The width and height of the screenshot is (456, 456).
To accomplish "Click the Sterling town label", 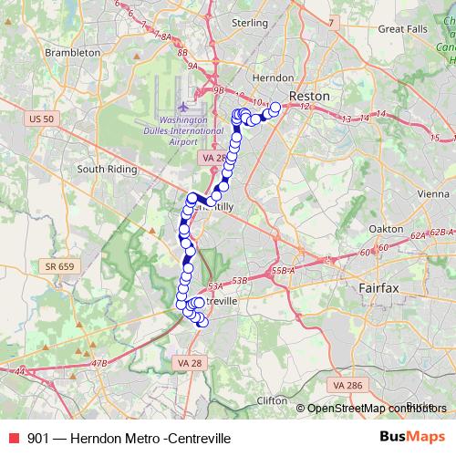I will (x=249, y=22).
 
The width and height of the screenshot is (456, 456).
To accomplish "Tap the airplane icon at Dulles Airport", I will (x=186, y=109).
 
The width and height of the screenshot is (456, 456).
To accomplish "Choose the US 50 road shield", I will (x=42, y=119).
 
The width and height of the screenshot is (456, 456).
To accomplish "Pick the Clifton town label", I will (x=271, y=400).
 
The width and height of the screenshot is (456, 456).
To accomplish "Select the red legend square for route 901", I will (x=14, y=439).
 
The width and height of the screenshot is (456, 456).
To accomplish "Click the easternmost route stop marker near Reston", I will (x=275, y=109).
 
